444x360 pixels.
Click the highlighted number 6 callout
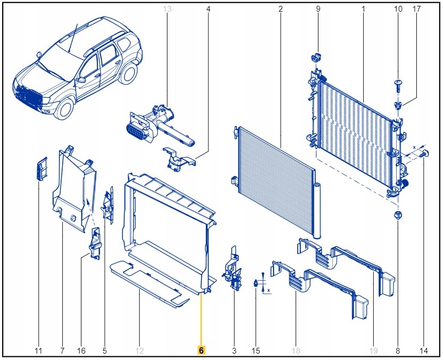click(202, 350)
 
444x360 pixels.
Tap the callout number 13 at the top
click(167, 9)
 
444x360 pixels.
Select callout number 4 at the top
click(208, 9)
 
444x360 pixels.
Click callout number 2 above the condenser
click(280, 9)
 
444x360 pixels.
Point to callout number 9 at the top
click(318, 9)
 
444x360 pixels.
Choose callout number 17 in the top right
click(416, 9)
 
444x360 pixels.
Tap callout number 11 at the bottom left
click(38, 350)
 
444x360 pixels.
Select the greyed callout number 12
click(139, 350)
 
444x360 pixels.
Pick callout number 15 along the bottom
click(256, 350)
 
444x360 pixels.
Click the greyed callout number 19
click(374, 350)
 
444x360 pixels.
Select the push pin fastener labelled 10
click(398, 83)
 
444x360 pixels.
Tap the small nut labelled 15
click(256, 284)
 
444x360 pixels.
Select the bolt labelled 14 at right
click(425, 154)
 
